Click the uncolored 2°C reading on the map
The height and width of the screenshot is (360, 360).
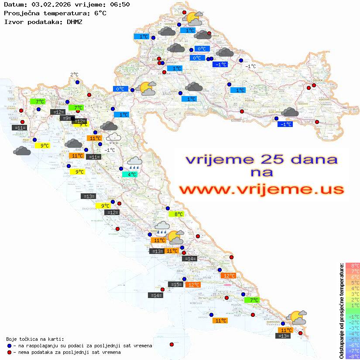click(74, 75)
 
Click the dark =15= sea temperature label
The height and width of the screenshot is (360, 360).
click(175, 285)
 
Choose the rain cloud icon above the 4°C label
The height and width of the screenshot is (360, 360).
click(134, 163)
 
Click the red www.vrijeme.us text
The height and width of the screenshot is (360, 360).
click(261, 190)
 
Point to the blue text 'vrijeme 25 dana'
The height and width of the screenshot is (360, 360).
click(261, 159)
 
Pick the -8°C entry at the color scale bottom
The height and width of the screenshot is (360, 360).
click(352, 357)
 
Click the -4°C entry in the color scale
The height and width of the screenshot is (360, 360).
click(352, 334)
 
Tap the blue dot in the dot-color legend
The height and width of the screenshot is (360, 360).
click(9, 346)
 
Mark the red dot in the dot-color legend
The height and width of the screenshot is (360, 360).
click(9, 352)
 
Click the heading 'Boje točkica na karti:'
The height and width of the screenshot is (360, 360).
click(35, 339)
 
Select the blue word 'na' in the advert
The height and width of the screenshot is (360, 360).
click(261, 173)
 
